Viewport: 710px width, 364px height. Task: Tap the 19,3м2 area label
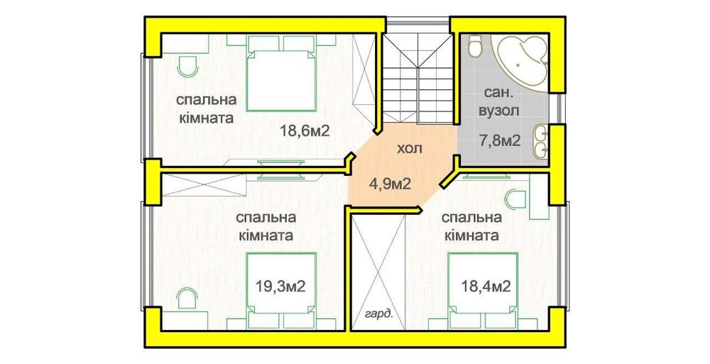280,287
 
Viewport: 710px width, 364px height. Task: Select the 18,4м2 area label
486,287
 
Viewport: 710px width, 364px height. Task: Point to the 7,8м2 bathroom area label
500,140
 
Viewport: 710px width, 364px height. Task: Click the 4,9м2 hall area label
390,184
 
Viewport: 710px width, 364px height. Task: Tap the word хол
409,149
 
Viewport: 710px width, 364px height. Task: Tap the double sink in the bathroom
541,140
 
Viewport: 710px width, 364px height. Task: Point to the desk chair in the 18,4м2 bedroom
517,197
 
